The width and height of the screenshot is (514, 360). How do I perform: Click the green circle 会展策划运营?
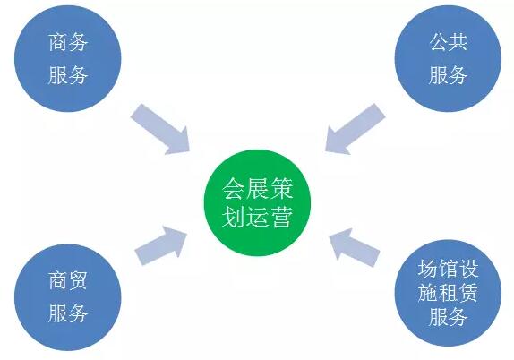tap(257, 203)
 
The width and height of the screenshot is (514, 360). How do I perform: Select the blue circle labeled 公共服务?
tap(448, 59)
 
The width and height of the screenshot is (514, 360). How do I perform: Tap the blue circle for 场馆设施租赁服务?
tap(448, 293)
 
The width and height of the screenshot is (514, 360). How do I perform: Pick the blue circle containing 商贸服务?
tap(68, 297)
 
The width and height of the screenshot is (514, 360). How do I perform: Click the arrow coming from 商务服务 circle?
tap(160, 129)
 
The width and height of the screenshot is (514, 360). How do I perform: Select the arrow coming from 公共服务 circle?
tap(355, 129)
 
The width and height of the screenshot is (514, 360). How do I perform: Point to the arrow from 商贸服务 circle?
tap(160, 246)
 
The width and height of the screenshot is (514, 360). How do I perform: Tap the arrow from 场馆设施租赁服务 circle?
tap(355, 247)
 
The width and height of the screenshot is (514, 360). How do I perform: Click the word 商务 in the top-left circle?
tap(68, 43)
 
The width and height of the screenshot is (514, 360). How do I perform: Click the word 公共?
tap(448, 42)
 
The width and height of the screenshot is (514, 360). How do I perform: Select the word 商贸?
tap(68, 280)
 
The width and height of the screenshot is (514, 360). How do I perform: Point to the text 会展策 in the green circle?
tap(257, 189)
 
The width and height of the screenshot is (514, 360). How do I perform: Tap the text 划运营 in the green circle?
tap(257, 217)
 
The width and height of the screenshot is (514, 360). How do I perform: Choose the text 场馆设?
tap(448, 269)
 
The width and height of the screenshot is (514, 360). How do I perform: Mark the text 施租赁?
tap(448, 293)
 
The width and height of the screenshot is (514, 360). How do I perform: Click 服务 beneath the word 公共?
tap(448, 75)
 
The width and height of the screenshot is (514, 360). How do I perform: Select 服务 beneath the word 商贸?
tap(68, 313)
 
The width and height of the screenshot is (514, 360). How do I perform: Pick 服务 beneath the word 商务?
tap(68, 75)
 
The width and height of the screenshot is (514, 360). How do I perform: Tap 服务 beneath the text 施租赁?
tap(448, 317)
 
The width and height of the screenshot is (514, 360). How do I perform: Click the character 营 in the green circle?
tap(281, 217)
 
